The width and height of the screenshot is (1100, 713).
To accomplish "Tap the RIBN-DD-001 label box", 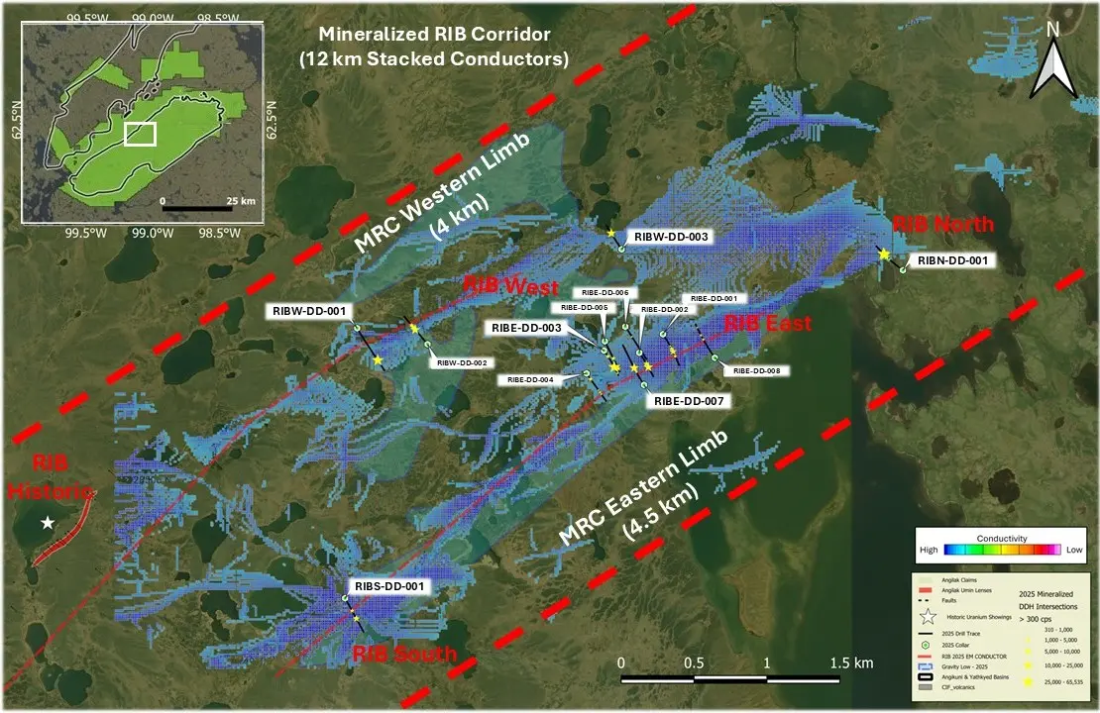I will [950, 260].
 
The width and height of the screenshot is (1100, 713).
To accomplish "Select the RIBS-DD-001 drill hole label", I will [388, 586].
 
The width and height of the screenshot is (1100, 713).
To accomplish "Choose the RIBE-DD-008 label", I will [758, 370].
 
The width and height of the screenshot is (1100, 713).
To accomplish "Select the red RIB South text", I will [405, 655].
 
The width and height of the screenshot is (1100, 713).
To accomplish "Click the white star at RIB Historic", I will [47, 523].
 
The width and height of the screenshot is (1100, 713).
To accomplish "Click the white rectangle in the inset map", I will [140, 134].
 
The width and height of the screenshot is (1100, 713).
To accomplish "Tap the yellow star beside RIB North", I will [883, 255].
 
